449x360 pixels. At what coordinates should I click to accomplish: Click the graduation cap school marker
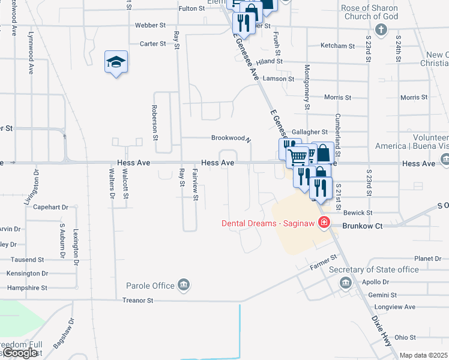click(x=116, y=62)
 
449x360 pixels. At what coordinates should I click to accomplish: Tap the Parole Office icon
click(x=184, y=286)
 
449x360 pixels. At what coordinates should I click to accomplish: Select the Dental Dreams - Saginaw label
click(x=268, y=223)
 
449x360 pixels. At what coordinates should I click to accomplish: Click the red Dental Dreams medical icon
click(x=324, y=223)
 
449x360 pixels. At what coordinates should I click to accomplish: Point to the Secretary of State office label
click(x=374, y=269)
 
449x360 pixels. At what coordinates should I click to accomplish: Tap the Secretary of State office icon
click(x=345, y=283)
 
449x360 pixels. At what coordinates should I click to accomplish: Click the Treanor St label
click(x=138, y=300)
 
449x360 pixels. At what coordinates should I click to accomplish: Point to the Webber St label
click(x=150, y=25)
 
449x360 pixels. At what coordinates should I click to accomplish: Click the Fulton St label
click(x=192, y=9)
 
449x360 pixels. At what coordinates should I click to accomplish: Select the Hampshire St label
click(x=27, y=288)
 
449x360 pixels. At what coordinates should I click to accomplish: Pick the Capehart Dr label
click(x=51, y=207)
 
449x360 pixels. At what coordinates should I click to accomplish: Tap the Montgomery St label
click(x=307, y=87)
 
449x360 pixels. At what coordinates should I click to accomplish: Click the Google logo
click(x=20, y=353)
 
